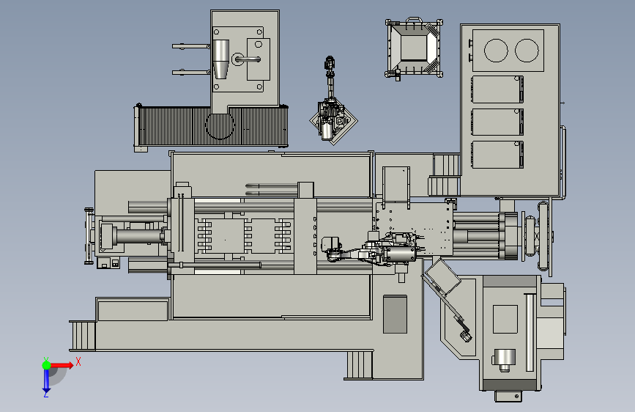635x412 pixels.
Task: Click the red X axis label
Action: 78,361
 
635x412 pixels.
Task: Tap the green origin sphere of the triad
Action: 46,365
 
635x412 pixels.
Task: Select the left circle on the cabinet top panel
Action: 496,51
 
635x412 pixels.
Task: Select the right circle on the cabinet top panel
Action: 527,51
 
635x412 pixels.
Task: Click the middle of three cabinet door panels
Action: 497,122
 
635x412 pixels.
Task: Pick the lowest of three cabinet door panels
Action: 497,155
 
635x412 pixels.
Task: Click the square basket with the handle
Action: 414,48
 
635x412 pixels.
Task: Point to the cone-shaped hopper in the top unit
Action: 220,59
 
